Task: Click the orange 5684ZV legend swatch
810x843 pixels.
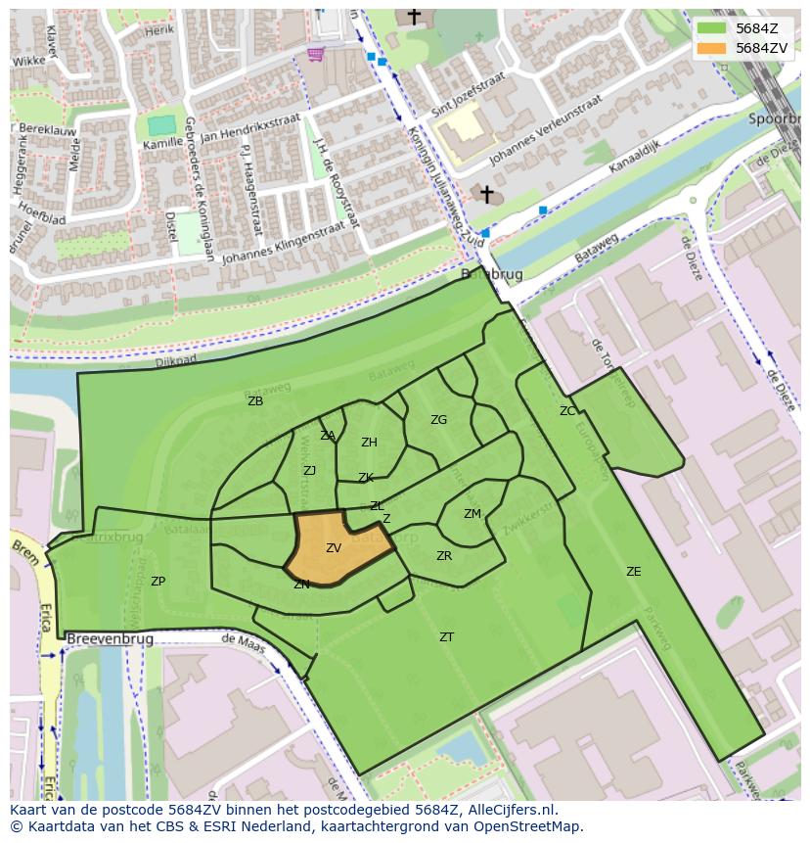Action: (711, 48)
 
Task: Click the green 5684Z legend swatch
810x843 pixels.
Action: (711, 28)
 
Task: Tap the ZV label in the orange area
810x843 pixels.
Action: (334, 549)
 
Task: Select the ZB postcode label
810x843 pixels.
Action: (255, 401)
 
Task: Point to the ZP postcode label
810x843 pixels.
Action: (157, 582)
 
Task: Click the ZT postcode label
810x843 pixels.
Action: (446, 637)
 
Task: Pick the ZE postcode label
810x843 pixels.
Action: (633, 572)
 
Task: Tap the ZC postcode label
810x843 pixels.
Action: (567, 411)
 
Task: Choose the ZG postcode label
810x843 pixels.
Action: (438, 420)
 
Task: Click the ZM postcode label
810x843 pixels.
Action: (472, 514)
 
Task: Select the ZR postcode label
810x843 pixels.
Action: (444, 556)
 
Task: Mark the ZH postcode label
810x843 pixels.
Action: (369, 443)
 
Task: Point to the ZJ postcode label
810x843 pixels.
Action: (309, 471)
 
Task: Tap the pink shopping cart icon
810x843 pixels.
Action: (315, 54)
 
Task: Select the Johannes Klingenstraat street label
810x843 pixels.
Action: (284, 244)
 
